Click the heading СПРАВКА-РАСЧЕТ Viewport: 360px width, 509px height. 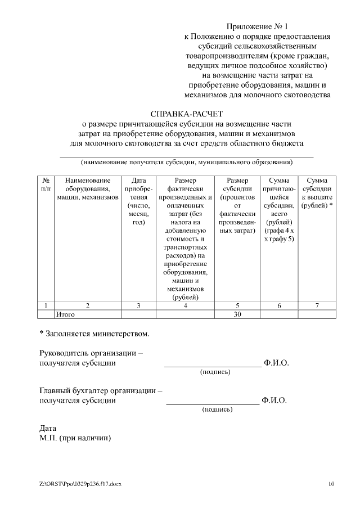(186, 113)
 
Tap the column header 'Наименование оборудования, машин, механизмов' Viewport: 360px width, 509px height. (87, 189)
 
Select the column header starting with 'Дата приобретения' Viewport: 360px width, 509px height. (138, 201)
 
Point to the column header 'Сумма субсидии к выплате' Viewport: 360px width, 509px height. (317, 193)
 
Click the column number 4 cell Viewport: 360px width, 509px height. (185, 305)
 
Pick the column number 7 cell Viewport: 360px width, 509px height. (317, 305)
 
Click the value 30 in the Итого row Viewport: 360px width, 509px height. (237, 314)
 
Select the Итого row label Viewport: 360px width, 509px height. (65, 314)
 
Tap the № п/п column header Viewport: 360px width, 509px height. (45, 185)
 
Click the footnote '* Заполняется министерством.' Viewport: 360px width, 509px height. (94, 334)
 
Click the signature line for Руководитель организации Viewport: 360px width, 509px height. (213, 366)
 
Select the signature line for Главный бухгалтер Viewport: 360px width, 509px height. (213, 404)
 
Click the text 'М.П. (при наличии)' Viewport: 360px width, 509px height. (75, 438)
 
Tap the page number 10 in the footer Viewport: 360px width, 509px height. (331, 484)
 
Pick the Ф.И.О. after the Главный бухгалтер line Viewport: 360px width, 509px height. (274, 400)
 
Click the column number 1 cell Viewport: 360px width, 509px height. (45, 305)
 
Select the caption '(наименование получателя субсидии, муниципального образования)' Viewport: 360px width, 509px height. (186, 163)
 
